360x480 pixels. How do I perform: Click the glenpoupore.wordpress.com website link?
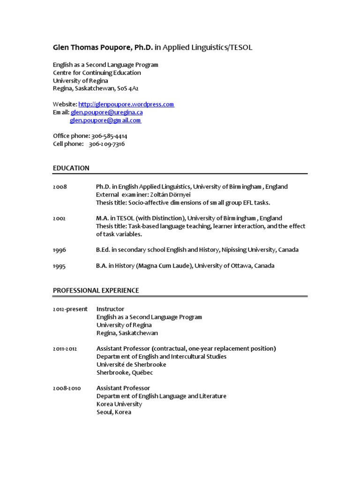[x=126, y=105]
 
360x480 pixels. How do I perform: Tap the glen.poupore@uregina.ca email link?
[x=107, y=112]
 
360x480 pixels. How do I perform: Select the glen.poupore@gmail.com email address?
[x=105, y=120]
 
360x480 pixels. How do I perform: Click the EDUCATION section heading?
[x=71, y=168]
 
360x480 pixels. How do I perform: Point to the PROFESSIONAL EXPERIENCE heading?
[x=96, y=291]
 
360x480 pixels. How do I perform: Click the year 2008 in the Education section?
[x=60, y=187]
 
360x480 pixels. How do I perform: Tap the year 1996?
[x=60, y=250]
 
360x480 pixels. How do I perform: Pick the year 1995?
[x=60, y=266]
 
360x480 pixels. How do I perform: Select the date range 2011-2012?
[x=65, y=349]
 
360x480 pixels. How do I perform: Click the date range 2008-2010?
[x=67, y=388]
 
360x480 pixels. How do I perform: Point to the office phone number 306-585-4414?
[x=109, y=136]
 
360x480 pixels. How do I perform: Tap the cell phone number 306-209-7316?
[x=107, y=144]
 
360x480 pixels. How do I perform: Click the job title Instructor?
[x=110, y=309]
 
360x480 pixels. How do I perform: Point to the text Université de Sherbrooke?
[x=131, y=365]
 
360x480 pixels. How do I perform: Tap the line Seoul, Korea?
[x=114, y=412]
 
